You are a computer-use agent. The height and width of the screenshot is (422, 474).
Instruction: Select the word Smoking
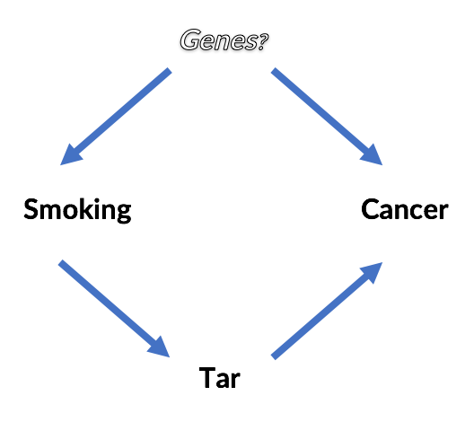[x=77, y=210]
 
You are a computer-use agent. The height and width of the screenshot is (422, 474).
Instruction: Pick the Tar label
[x=220, y=378]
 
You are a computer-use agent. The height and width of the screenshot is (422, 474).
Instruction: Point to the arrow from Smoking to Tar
[x=113, y=307]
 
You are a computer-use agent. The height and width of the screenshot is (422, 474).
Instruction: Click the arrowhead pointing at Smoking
[x=70, y=157]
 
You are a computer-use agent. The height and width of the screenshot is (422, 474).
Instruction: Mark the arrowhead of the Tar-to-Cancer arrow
[x=373, y=272]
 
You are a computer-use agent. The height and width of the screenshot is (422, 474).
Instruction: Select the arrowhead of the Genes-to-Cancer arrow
[x=373, y=155]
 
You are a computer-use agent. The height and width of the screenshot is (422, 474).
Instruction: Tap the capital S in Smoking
[x=31, y=210]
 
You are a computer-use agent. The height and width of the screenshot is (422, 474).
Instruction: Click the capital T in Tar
[x=206, y=378]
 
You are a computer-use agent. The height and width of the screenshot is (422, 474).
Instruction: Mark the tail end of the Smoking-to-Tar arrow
[x=62, y=264]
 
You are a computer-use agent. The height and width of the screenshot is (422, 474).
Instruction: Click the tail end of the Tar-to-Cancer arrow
[x=275, y=356]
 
